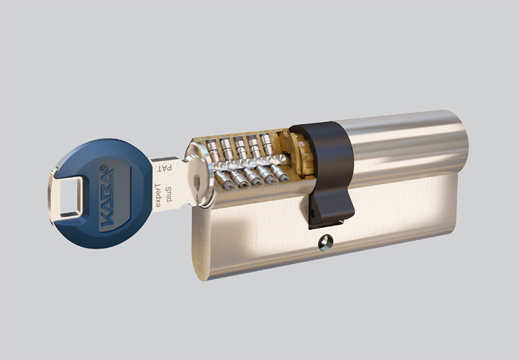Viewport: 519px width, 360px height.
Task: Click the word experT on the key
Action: (158, 195)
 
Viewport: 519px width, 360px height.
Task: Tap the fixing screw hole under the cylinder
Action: (326, 243)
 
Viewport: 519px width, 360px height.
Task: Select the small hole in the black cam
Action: (312, 210)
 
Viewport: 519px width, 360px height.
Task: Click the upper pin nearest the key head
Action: (212, 150)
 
